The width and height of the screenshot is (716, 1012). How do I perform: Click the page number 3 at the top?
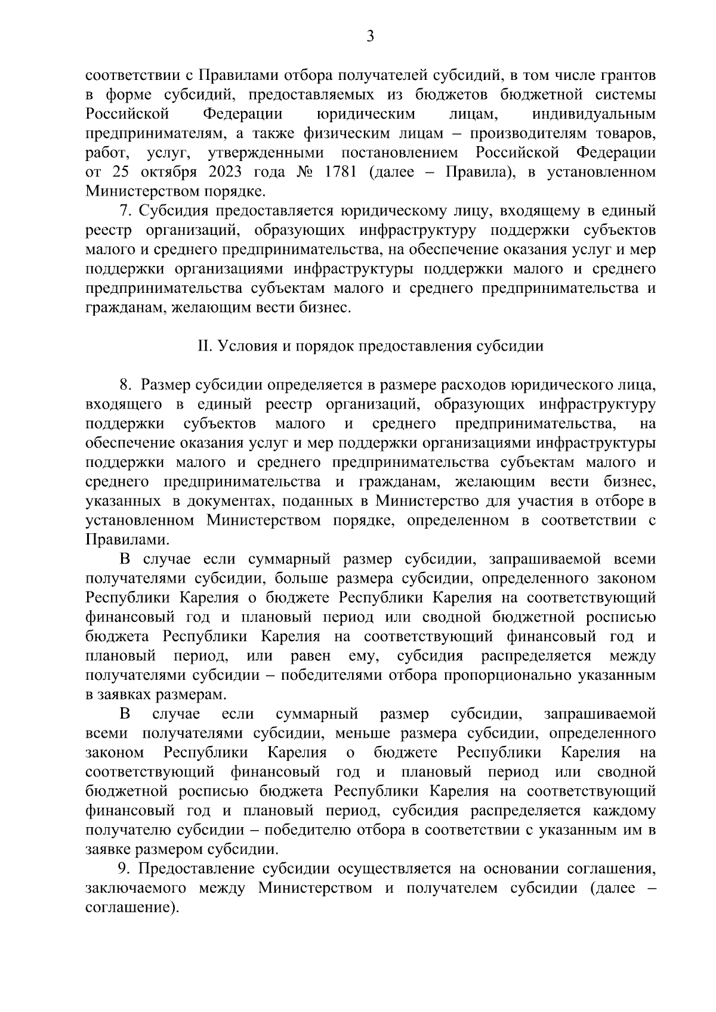[370, 37]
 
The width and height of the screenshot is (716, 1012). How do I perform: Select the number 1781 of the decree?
[341, 172]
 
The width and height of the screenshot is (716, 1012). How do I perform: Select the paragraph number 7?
[125, 211]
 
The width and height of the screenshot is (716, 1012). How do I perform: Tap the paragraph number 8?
[125, 385]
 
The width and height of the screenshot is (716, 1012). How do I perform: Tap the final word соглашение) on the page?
[132, 907]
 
